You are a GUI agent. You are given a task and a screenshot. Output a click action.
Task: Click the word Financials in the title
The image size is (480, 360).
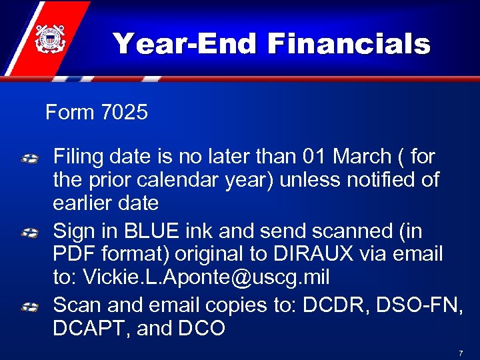[x=349, y=44]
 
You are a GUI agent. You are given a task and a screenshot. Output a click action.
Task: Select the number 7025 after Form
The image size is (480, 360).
[x=125, y=112]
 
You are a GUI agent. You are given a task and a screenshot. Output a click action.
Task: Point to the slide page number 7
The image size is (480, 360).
[x=461, y=351]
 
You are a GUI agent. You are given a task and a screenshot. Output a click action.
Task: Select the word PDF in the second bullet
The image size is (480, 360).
[x=71, y=253]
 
